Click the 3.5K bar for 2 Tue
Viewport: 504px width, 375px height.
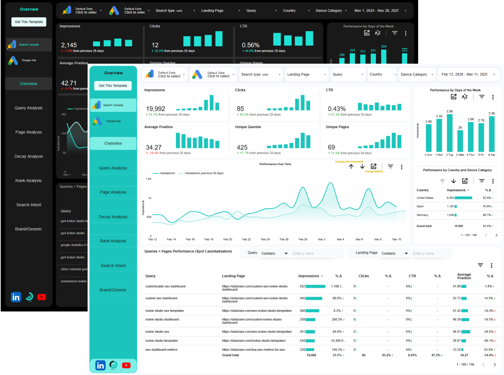pyautogui.click(x=449, y=133)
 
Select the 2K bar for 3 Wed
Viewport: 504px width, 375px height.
pyautogui.click(x=460, y=141)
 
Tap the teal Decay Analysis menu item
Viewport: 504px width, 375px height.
pyautogui.click(x=113, y=217)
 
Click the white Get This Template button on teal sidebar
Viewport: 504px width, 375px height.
pyautogui.click(x=113, y=86)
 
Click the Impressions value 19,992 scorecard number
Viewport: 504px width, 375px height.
pyautogui.click(x=155, y=109)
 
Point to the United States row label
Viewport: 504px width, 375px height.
pyautogui.click(x=425, y=198)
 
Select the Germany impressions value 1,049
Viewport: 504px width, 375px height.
pyautogui.click(x=450, y=215)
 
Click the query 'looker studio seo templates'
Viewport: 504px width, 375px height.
pyautogui.click(x=164, y=311)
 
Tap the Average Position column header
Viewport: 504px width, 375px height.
pyautogui.click(x=464, y=276)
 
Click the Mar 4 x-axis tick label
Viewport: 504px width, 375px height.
pyautogui.click(x=340, y=239)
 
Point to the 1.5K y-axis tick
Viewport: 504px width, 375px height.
pyautogui.click(x=149, y=179)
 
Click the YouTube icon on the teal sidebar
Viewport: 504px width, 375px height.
pyautogui.click(x=126, y=365)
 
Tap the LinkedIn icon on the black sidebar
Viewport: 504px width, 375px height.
pyautogui.click(x=16, y=297)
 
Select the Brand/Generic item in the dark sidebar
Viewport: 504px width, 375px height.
pyautogui.click(x=29, y=229)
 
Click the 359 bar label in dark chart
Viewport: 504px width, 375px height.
pyautogui.click(x=383, y=47)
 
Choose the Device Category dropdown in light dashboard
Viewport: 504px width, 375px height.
pyautogui.click(x=417, y=74)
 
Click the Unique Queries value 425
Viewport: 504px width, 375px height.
pyautogui.click(x=242, y=147)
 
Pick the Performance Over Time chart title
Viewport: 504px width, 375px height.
pyautogui.click(x=275, y=164)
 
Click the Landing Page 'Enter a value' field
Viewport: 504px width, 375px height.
pyautogui.click(x=431, y=253)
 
